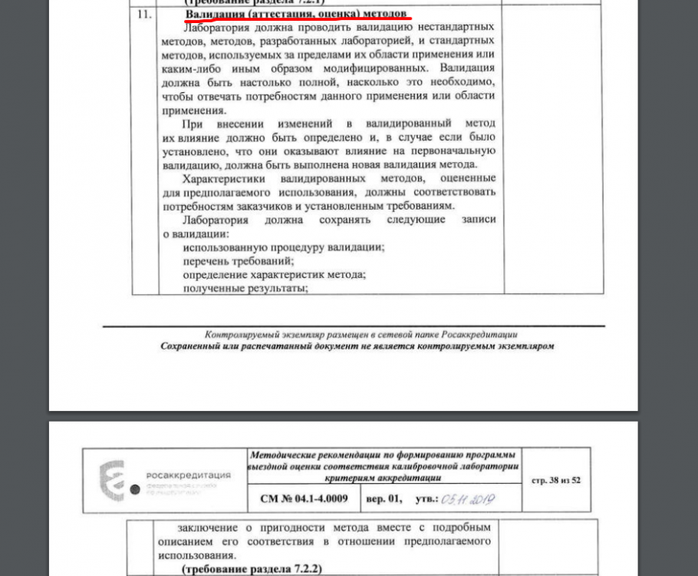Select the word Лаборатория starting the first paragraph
[x=217, y=27]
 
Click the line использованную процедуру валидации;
[x=283, y=247]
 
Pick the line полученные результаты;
[x=245, y=289]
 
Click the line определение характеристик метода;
[x=274, y=275]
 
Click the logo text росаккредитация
[x=187, y=475]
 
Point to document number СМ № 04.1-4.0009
[x=304, y=498]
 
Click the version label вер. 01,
[x=384, y=498]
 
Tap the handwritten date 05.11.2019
[x=467, y=499]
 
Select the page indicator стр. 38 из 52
[x=555, y=481]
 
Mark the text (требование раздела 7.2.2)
[x=252, y=569]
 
